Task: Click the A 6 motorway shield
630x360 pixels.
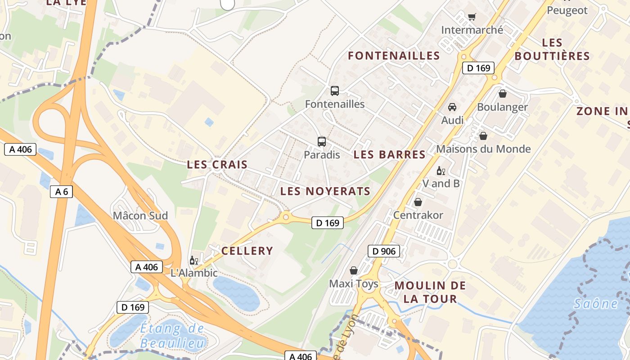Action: [61, 192]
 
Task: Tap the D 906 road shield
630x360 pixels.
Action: [384, 251]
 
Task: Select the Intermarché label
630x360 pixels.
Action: [472, 30]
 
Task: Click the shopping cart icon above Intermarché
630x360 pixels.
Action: [472, 17]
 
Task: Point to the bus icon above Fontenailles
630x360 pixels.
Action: [335, 90]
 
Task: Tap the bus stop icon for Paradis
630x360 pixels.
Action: [322, 142]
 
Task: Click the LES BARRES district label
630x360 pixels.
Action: [389, 154]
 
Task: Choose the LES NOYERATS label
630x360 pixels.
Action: [325, 191]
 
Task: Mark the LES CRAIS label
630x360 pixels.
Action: [217, 164]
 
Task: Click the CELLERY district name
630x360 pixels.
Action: [247, 251]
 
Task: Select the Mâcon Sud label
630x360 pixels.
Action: [140, 216]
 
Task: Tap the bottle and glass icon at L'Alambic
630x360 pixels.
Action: [194, 260]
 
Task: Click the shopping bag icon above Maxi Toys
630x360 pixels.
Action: [354, 270]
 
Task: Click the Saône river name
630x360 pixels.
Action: [596, 304]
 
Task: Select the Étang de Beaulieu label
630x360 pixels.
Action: [172, 336]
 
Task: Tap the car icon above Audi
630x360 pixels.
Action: [452, 107]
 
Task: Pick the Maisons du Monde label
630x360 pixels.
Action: [483, 149]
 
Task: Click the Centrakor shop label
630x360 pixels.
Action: [418, 215]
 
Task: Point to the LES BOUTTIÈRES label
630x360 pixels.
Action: [552, 49]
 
